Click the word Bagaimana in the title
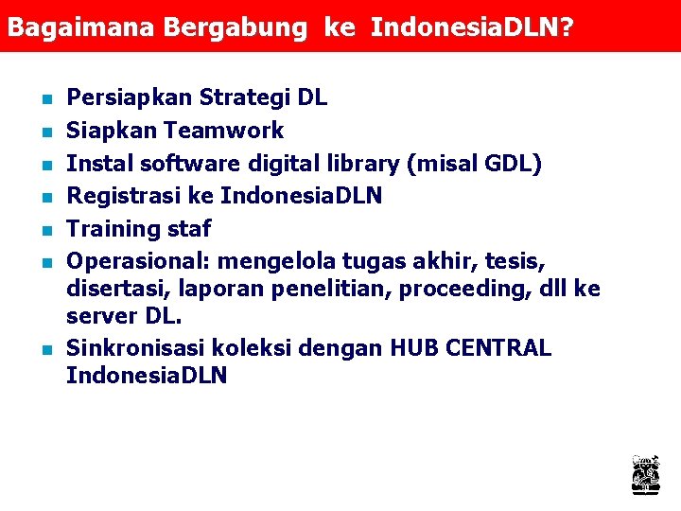pos(81,27)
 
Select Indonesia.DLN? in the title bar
pos(472,27)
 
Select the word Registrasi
pos(139,196)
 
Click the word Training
pos(113,229)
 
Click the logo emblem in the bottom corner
pos(646,474)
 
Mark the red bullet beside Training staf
pos(46,229)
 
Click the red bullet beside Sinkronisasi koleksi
pos(46,348)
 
